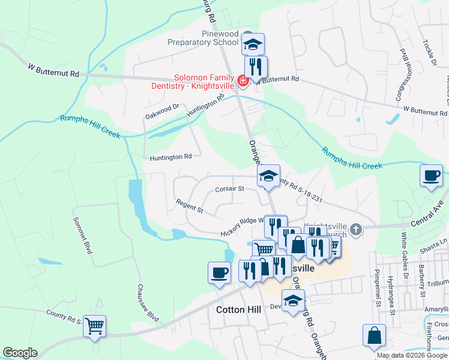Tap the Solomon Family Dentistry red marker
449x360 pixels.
[x=243, y=81]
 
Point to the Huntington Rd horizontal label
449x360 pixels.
[x=170, y=157]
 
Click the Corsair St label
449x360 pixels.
[x=229, y=189]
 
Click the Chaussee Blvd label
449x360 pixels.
[x=148, y=302]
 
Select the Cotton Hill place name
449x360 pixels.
[x=238, y=310]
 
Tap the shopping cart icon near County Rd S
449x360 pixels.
[x=94, y=326]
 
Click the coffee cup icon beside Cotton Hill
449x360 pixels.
[x=219, y=272]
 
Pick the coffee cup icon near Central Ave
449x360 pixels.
[x=431, y=176]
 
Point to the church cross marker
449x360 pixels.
[x=356, y=229]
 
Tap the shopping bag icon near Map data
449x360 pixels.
[x=374, y=335]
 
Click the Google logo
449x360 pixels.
[x=20, y=353]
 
